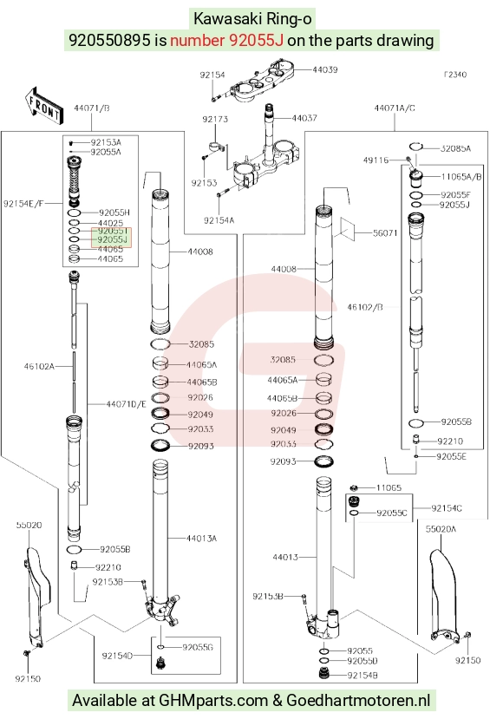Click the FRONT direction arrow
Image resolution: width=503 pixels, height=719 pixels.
(43, 106)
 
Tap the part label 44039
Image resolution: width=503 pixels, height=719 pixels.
(325, 69)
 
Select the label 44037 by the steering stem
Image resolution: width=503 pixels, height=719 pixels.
(304, 118)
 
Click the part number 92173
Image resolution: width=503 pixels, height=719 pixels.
(215, 119)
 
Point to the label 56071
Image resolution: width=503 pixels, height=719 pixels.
(385, 233)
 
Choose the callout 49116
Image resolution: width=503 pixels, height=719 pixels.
(376, 160)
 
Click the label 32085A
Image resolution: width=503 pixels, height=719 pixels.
(456, 148)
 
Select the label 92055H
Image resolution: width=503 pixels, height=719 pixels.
(114, 212)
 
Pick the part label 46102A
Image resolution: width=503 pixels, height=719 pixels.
(39, 366)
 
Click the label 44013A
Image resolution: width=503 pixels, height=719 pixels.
(201, 538)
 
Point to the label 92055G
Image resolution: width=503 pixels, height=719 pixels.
(198, 647)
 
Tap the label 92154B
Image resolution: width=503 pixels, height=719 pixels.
(363, 675)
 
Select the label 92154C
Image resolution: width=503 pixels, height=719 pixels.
(447, 507)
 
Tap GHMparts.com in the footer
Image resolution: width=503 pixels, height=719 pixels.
(213, 700)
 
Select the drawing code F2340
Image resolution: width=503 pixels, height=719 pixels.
(455, 75)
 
